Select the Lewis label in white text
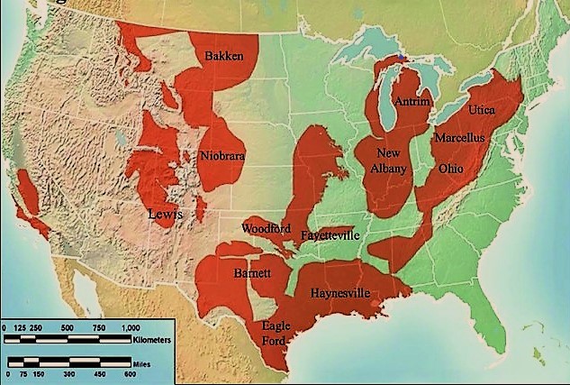point(167,214)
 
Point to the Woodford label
point(267,227)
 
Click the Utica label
point(482,109)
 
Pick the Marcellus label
point(459,138)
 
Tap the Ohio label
point(450,168)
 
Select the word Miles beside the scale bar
point(140,362)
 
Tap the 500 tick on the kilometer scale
point(66,327)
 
